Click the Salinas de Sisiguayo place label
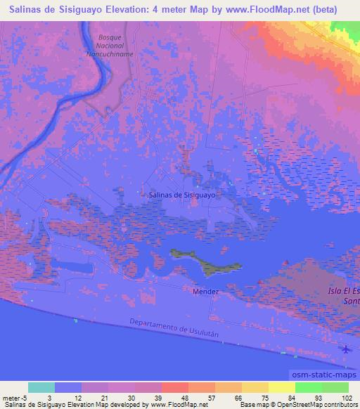point(181,196)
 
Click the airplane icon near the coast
point(345,349)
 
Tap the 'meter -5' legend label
point(15,396)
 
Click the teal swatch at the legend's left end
point(41,387)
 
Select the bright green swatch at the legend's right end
point(335,387)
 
